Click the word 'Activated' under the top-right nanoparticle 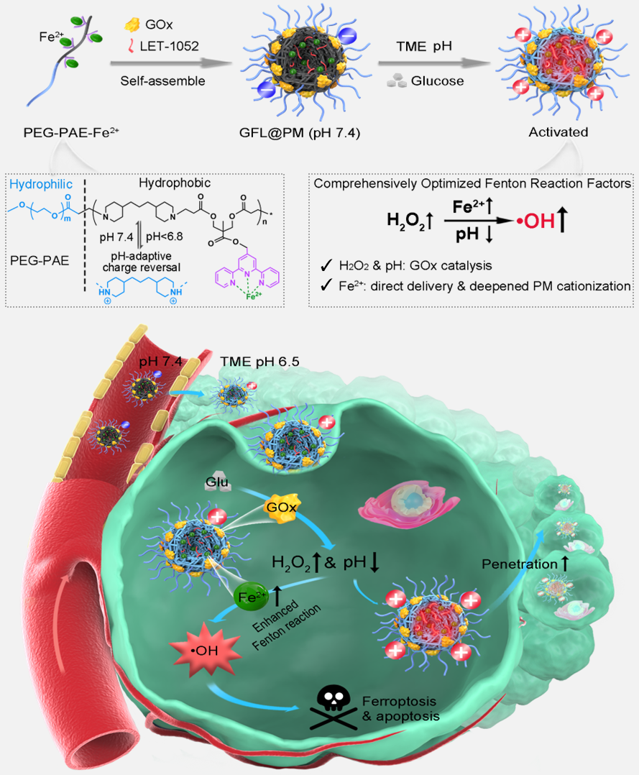coord(558,132)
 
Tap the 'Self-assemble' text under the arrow coord(162,81)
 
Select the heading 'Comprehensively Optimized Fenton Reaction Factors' coord(474,183)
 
